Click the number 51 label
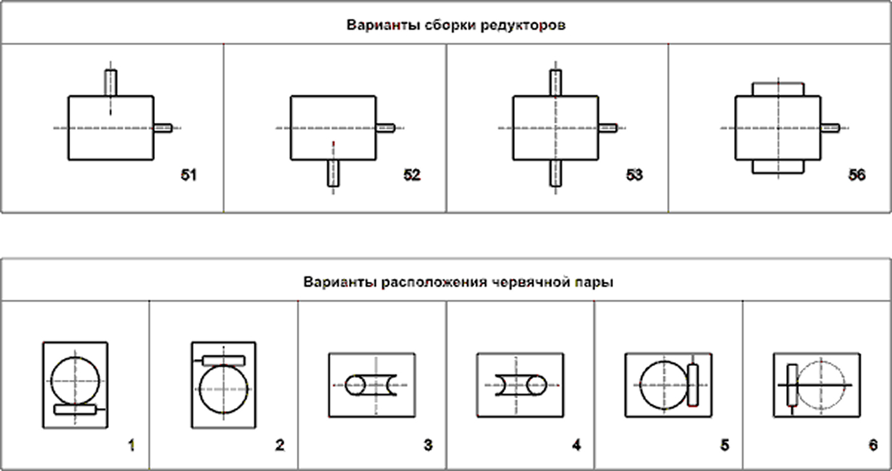click(189, 175)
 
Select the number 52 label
click(412, 175)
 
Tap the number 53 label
click(634, 175)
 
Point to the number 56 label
click(857, 175)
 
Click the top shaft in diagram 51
click(111, 83)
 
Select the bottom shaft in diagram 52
click(333, 172)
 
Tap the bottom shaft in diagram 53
click(556, 172)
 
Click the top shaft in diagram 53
click(556, 83)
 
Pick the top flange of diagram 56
click(778, 88)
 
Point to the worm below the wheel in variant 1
click(75, 410)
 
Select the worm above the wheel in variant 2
click(223, 360)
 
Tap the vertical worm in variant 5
click(693, 384)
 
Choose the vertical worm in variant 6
click(792, 384)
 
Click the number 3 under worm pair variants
click(428, 445)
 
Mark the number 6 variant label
click(872, 445)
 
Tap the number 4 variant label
click(577, 445)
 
